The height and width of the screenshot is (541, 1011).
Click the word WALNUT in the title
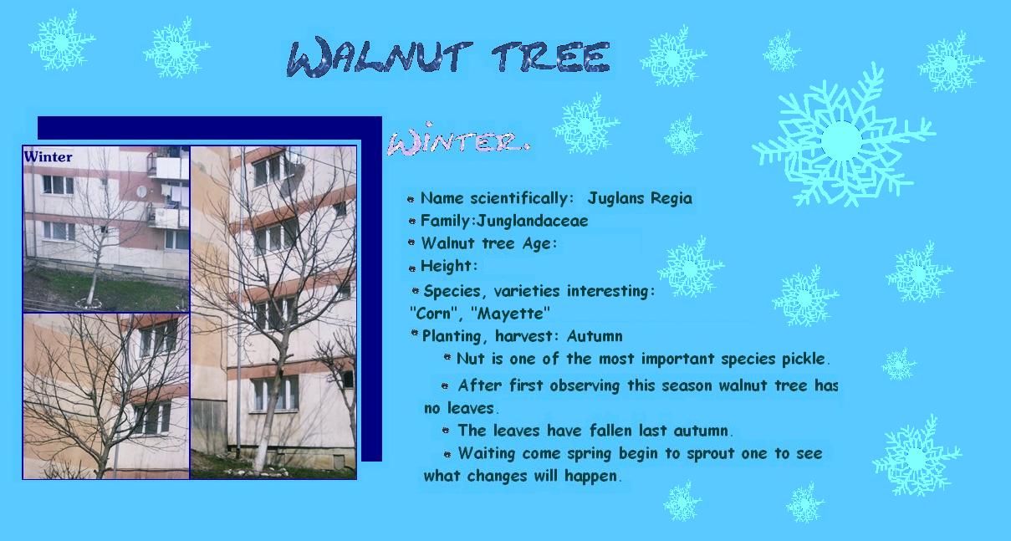tap(379, 58)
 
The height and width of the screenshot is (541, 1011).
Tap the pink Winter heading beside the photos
tap(458, 139)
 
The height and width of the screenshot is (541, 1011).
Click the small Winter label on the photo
tap(48, 156)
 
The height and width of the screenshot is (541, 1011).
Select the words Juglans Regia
tap(640, 198)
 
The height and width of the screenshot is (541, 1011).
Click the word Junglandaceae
tap(533, 221)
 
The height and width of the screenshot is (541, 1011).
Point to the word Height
tap(447, 266)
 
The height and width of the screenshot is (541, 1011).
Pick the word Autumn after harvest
tap(595, 336)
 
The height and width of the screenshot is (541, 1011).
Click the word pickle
tap(804, 360)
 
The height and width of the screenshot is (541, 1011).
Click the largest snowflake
tap(843, 139)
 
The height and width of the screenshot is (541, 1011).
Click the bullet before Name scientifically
tap(411, 199)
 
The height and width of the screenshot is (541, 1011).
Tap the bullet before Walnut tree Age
tap(411, 242)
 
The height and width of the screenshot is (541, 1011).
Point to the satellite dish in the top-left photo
tap(141, 191)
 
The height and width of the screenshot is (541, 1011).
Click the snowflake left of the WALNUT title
tap(176, 48)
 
